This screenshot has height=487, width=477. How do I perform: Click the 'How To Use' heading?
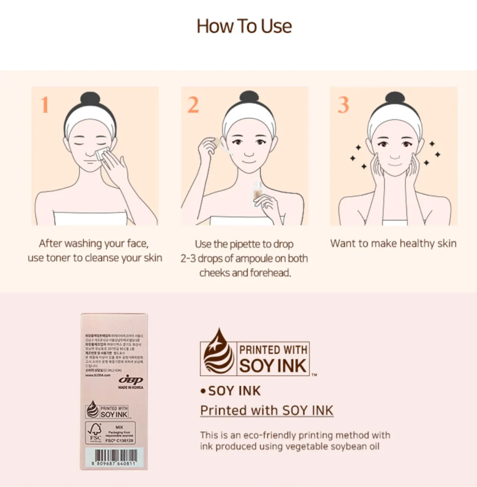pyautogui.click(x=244, y=26)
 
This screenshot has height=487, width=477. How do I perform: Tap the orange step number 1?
pyautogui.click(x=44, y=105)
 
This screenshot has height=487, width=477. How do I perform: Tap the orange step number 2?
pyautogui.click(x=193, y=105)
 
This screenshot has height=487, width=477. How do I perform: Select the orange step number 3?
pyautogui.click(x=343, y=105)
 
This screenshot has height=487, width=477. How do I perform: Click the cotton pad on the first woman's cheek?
pyautogui.click(x=101, y=154)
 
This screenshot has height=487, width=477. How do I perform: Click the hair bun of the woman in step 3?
pyautogui.click(x=394, y=98)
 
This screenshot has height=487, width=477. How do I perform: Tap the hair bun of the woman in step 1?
pyautogui.click(x=90, y=98)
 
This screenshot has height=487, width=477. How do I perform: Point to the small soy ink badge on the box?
pyautogui.click(x=107, y=410)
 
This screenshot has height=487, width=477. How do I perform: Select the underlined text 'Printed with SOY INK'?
pyautogui.click(x=266, y=410)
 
